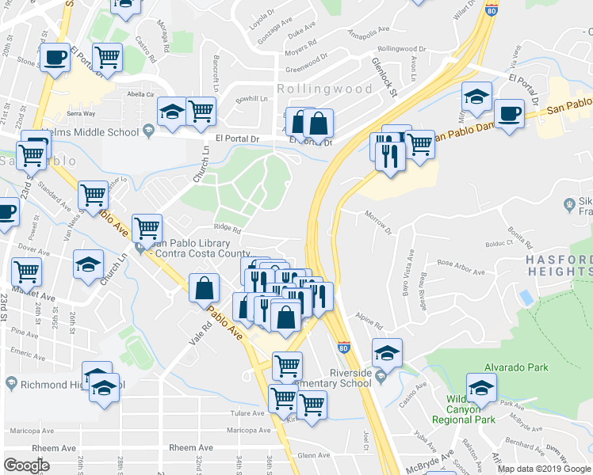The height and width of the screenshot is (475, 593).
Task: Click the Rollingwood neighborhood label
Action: point(324,89)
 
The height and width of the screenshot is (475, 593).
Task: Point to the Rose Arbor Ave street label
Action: point(461,267)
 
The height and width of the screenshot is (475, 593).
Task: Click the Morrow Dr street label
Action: point(379,221)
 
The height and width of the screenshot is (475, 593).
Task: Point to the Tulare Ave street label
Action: point(247,413)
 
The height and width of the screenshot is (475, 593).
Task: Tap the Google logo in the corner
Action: point(27,465)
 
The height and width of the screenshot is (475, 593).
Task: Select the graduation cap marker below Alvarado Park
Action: point(481,389)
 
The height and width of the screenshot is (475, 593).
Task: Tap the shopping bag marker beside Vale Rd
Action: point(205,289)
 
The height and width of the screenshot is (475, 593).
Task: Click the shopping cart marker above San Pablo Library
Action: point(147,229)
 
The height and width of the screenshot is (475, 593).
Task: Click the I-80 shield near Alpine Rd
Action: point(342,347)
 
